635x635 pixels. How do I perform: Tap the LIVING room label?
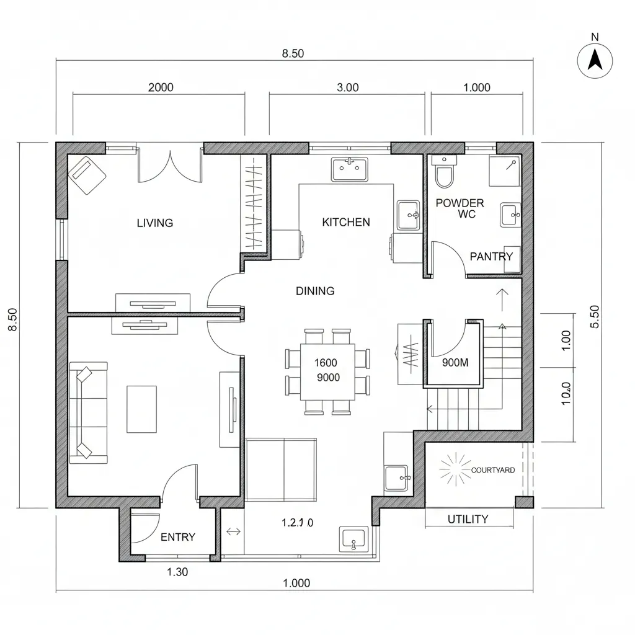pos(154,223)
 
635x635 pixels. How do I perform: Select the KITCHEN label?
pos(346,222)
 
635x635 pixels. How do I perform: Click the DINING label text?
pos(315,290)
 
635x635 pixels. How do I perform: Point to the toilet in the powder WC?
pos(444,175)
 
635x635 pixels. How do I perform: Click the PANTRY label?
pos(491,256)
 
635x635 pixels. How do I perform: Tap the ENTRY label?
pos(178,537)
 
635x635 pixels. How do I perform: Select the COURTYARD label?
pos(493,470)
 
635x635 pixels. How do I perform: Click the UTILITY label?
pos(468,519)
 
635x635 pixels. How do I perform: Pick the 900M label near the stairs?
pos(455,363)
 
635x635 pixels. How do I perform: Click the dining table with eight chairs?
pos(327,371)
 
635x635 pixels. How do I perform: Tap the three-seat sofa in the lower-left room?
pos(87,412)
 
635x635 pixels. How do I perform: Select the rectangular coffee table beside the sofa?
pos(142,409)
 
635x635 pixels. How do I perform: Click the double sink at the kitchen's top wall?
pos(350,169)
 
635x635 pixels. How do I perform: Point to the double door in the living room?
pos(170,164)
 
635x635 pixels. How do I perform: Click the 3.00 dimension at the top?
pos(347,87)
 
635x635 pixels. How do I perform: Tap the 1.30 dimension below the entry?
pos(177,572)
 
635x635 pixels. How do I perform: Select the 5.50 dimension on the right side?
pos(595,317)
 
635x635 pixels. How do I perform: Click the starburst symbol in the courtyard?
pos(456,469)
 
